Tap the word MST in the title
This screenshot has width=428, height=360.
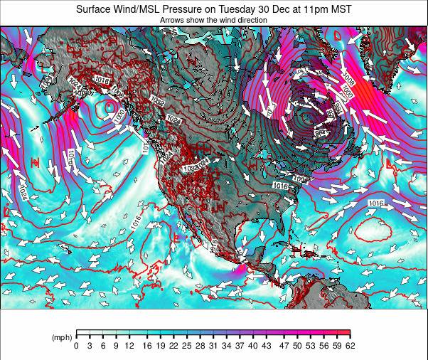339,9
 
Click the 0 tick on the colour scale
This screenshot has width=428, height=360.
76,346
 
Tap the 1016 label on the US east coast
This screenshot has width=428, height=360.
282,185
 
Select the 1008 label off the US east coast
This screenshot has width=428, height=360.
301,179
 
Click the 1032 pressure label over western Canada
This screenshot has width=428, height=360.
158,102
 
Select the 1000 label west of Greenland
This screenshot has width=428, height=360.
348,93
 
